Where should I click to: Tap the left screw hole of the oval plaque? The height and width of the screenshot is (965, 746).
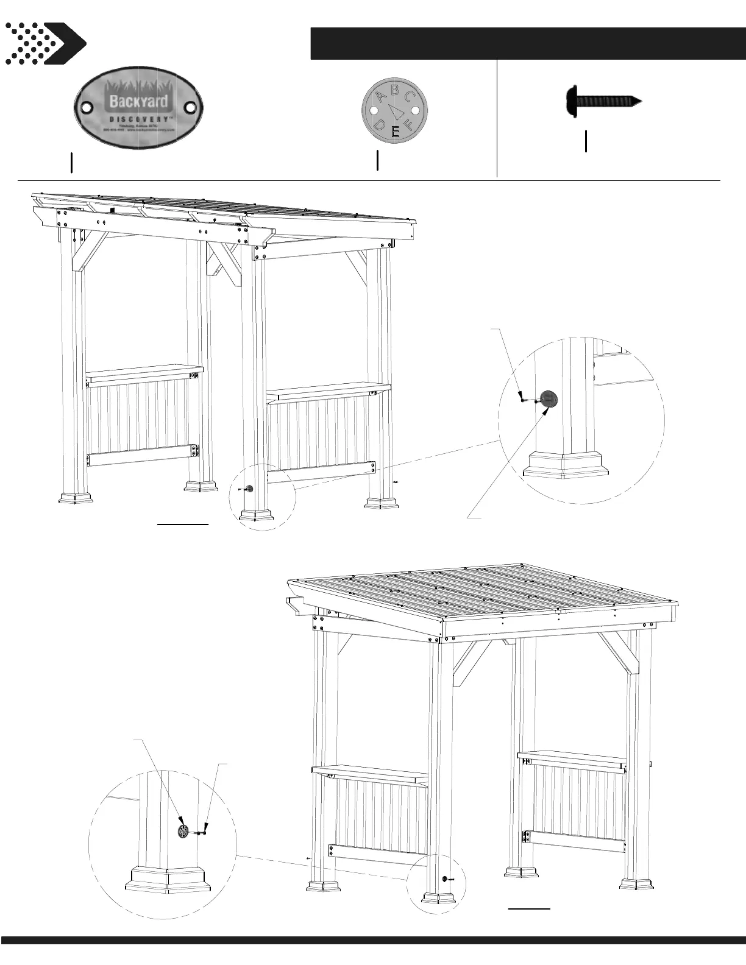pyautogui.click(x=86, y=108)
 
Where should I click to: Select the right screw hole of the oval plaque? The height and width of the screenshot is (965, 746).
pyautogui.click(x=191, y=108)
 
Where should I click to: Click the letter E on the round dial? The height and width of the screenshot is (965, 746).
pyautogui.click(x=395, y=131)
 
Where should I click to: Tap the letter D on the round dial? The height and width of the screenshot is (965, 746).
pyautogui.click(x=379, y=125)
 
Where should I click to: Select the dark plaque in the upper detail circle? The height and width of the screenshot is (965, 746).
pyautogui.click(x=549, y=399)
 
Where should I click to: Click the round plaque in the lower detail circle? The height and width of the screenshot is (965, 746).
pyautogui.click(x=183, y=832)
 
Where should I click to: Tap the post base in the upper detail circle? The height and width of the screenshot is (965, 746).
pyautogui.click(x=566, y=463)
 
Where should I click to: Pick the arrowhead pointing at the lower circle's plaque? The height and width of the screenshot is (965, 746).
pyautogui.click(x=179, y=822)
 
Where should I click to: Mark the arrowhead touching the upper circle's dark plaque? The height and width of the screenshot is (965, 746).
pyautogui.click(x=546, y=410)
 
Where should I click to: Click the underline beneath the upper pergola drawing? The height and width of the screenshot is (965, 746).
pyautogui.click(x=183, y=523)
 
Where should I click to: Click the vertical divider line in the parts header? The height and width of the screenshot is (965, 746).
pyautogui.click(x=497, y=119)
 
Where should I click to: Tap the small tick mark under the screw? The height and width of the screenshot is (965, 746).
pyautogui.click(x=586, y=141)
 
